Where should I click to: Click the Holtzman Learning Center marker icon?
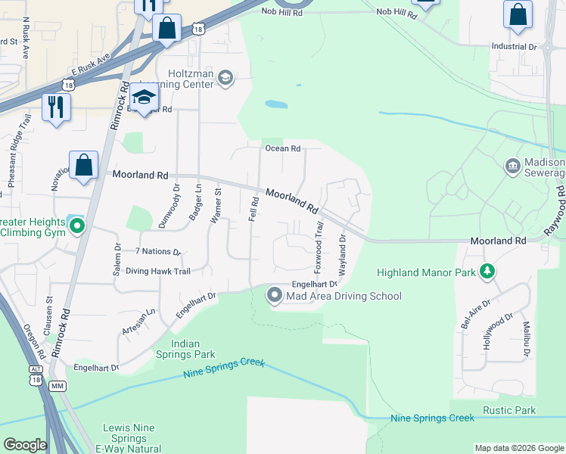coord(225,77)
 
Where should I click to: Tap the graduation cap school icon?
coord(144,97)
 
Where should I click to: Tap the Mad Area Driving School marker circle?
coord(275,296)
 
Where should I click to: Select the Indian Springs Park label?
coord(185,348)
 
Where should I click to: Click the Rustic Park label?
coord(510,411)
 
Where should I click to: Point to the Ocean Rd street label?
coord(282,148)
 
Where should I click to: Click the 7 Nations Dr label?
coord(158,251)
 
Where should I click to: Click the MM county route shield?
coord(57,386)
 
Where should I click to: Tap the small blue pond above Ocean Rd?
coord(276,104)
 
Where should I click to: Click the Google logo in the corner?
coord(25,445)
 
